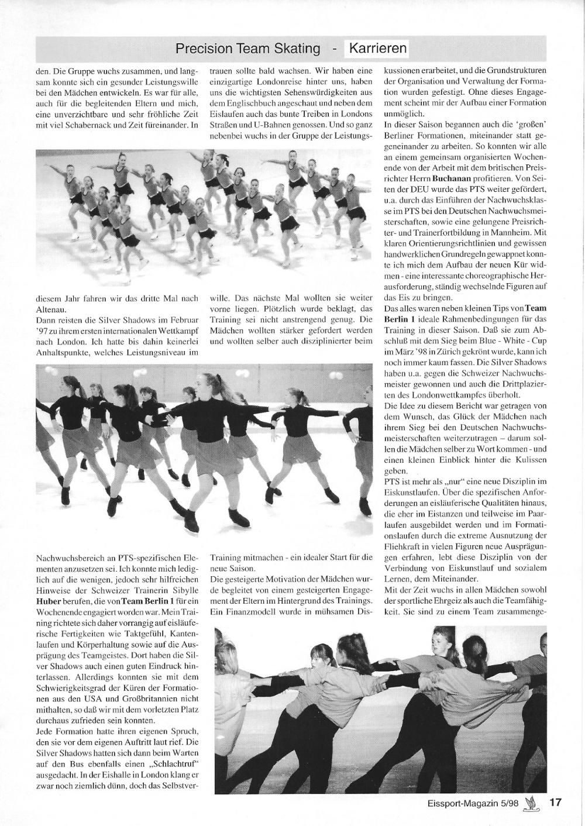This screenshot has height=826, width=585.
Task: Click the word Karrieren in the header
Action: pyautogui.click(x=377, y=49)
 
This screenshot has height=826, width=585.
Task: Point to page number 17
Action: pyautogui.click(x=555, y=802)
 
